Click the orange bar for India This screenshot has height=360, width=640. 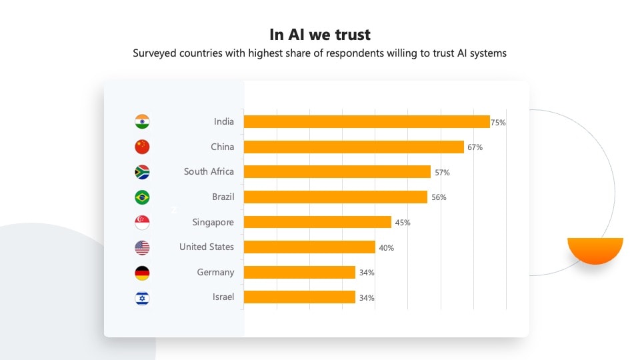click(x=367, y=121)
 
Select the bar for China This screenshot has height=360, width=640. click(x=353, y=147)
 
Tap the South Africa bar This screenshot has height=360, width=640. click(x=337, y=172)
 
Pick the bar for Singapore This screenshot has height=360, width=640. click(x=317, y=222)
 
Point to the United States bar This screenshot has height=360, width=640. click(x=309, y=247)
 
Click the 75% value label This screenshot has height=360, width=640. click(x=499, y=123)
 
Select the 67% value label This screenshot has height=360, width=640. click(x=475, y=147)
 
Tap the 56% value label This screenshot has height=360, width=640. click(x=439, y=197)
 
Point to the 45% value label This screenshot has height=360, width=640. click(x=403, y=223)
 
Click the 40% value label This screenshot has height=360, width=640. click(x=386, y=248)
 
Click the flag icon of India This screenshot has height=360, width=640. click(x=142, y=121)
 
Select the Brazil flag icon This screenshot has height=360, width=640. click(x=142, y=197)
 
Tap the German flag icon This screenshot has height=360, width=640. click(x=142, y=273)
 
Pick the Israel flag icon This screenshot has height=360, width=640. click(x=142, y=298)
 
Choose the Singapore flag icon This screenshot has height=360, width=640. click(x=142, y=223)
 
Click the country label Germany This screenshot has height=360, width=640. click(x=215, y=272)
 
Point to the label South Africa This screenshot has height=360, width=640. click(x=209, y=171)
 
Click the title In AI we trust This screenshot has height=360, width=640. click(x=320, y=34)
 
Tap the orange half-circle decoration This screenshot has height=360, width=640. click(x=595, y=249)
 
